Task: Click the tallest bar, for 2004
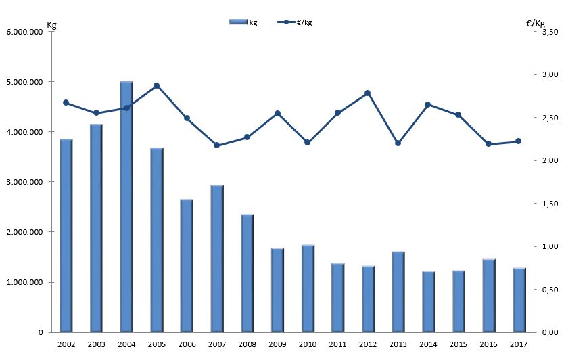126,206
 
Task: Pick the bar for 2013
398,292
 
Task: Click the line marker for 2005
156,86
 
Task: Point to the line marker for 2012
367,93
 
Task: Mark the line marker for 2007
216,145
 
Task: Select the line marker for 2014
427,104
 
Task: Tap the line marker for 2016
488,144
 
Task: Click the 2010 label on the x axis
307,344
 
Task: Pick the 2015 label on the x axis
458,344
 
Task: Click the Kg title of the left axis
51,25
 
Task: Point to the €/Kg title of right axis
536,24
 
